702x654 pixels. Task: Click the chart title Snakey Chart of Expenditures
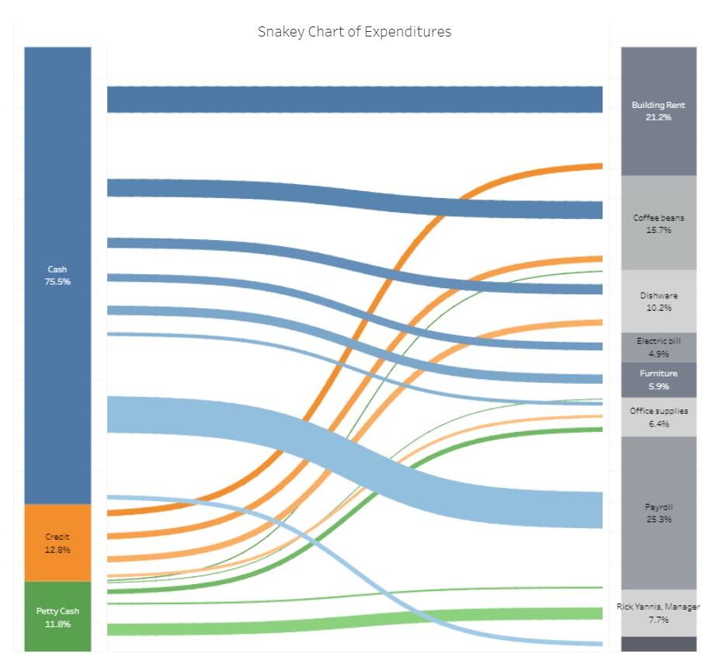tap(354, 32)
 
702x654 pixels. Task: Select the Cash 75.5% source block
tap(57, 233)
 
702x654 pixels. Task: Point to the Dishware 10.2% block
tap(658, 301)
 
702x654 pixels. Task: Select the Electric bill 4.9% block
tap(658, 346)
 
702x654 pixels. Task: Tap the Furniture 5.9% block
tap(658, 379)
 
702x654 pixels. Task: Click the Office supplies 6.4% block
tap(658, 417)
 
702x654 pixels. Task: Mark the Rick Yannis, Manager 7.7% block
tap(658, 613)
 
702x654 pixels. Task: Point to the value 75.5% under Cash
tap(57, 282)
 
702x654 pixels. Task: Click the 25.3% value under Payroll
tap(658, 519)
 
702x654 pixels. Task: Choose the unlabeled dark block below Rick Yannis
tap(658, 644)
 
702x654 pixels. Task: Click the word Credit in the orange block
tap(57, 537)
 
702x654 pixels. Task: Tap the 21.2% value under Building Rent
tap(658, 117)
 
